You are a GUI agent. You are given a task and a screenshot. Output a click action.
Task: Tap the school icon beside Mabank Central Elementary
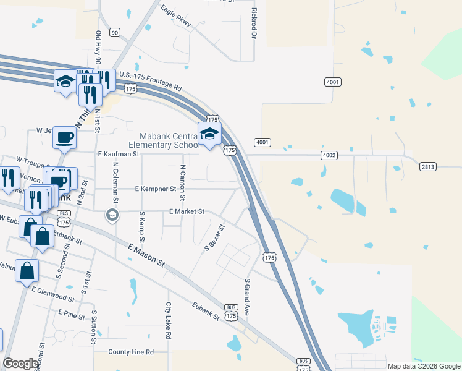[x=209, y=134]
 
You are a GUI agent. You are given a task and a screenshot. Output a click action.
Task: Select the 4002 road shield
[x=329, y=155]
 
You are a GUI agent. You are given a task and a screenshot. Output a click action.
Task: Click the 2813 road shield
[x=427, y=166]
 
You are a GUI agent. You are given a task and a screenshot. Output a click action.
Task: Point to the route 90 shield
[x=114, y=32]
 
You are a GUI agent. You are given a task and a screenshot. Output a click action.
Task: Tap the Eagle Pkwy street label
[x=175, y=17]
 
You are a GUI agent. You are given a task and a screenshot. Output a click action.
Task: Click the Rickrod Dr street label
[x=254, y=23]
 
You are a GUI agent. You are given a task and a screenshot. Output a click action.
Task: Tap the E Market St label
[x=187, y=211]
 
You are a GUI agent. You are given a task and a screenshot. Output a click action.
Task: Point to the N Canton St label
[x=183, y=182]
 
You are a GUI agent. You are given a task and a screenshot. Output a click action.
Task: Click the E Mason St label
[x=146, y=255]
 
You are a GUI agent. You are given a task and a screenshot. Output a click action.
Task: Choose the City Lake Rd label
[x=167, y=320]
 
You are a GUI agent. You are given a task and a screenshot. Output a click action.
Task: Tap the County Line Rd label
[x=130, y=352]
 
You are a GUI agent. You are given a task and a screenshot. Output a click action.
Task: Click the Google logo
[x=20, y=364]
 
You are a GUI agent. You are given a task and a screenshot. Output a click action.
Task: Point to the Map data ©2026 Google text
[x=423, y=366]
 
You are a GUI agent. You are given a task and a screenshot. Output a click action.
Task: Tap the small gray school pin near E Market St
[x=112, y=215]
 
